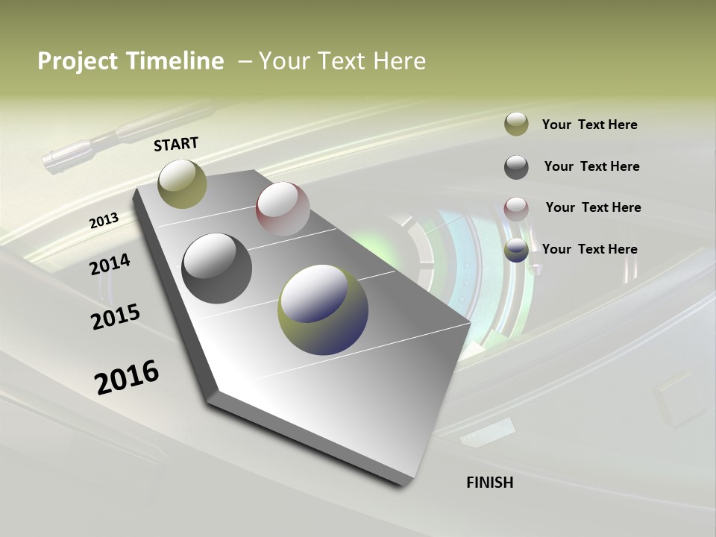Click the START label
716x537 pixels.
tap(176, 143)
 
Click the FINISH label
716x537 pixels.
tap(489, 483)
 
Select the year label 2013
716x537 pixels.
tap(104, 221)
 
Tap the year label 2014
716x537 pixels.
tap(110, 265)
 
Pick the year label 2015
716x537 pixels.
tap(115, 316)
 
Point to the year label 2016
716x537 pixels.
tap(127, 377)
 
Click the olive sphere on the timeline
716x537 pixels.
tap(182, 183)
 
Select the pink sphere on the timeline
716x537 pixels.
tap(283, 208)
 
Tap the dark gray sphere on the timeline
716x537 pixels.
tap(216, 268)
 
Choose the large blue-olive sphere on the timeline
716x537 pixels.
tap(323, 310)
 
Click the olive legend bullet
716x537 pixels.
tap(516, 124)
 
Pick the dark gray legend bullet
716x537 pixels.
tap(516, 166)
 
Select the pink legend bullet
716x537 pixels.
tap(516, 208)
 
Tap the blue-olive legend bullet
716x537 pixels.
tap(516, 250)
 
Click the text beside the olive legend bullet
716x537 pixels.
tap(589, 125)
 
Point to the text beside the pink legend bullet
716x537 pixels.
tap(593, 207)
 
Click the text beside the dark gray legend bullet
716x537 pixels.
tap(591, 166)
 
